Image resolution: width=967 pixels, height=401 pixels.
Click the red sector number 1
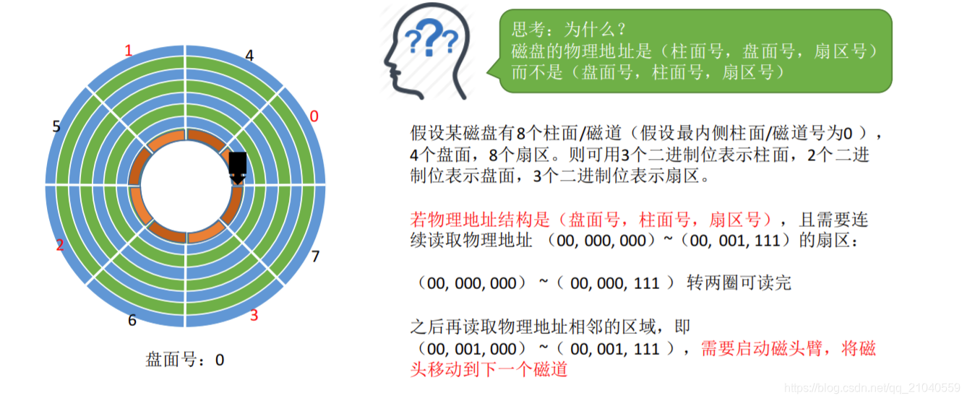point(129,51)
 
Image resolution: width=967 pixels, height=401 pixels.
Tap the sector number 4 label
point(249,55)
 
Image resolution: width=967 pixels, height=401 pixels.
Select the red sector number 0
point(313,116)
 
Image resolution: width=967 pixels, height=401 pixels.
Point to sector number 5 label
point(56,126)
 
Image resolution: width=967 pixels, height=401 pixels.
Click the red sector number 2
point(60,245)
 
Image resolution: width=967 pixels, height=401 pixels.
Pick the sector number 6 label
point(132,320)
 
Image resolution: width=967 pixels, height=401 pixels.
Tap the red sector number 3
point(254,315)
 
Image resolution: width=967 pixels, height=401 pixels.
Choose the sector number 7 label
point(314,256)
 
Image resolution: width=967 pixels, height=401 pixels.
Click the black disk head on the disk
point(238,166)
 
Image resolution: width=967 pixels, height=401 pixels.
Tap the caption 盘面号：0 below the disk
point(185,359)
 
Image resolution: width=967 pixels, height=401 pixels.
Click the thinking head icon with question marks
point(426,54)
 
